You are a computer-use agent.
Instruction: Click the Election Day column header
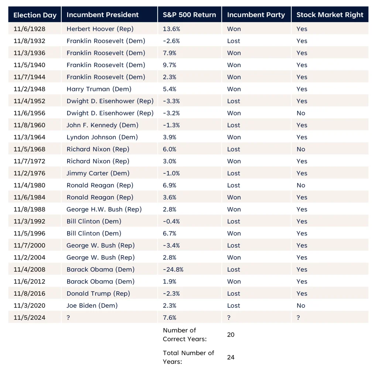35,15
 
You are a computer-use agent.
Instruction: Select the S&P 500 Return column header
189,15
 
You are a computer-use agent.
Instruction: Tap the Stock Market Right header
330,15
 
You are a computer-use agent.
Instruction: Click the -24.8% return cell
173,270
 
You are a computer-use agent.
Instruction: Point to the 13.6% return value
170,29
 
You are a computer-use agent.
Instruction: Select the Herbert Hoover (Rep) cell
100,29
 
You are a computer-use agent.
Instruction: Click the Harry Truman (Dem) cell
99,89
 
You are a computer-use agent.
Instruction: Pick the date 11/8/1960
30,125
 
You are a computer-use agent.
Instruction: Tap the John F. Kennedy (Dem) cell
102,125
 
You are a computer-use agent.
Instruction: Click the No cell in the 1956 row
301,113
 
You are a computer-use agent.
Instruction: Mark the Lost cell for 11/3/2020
234,306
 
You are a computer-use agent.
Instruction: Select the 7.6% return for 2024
169,317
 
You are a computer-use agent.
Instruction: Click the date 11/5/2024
30,317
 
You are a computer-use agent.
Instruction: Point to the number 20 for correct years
231,335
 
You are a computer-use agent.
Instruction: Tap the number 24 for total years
231,357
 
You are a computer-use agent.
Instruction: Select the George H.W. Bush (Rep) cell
104,209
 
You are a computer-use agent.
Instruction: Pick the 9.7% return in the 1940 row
169,65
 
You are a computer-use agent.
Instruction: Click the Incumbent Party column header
256,15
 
